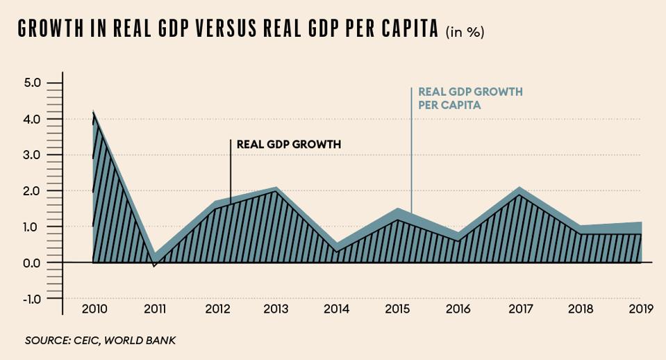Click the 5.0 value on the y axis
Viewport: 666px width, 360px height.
33,83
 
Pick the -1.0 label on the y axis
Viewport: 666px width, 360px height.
32,299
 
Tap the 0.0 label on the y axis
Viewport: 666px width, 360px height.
33,263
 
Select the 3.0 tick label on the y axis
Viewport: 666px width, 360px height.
33,155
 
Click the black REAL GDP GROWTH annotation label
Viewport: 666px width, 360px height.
290,145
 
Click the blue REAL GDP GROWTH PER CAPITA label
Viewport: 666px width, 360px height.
469,98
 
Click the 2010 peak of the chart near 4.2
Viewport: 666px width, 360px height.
93,112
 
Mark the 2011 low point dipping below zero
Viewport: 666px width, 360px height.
154,265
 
